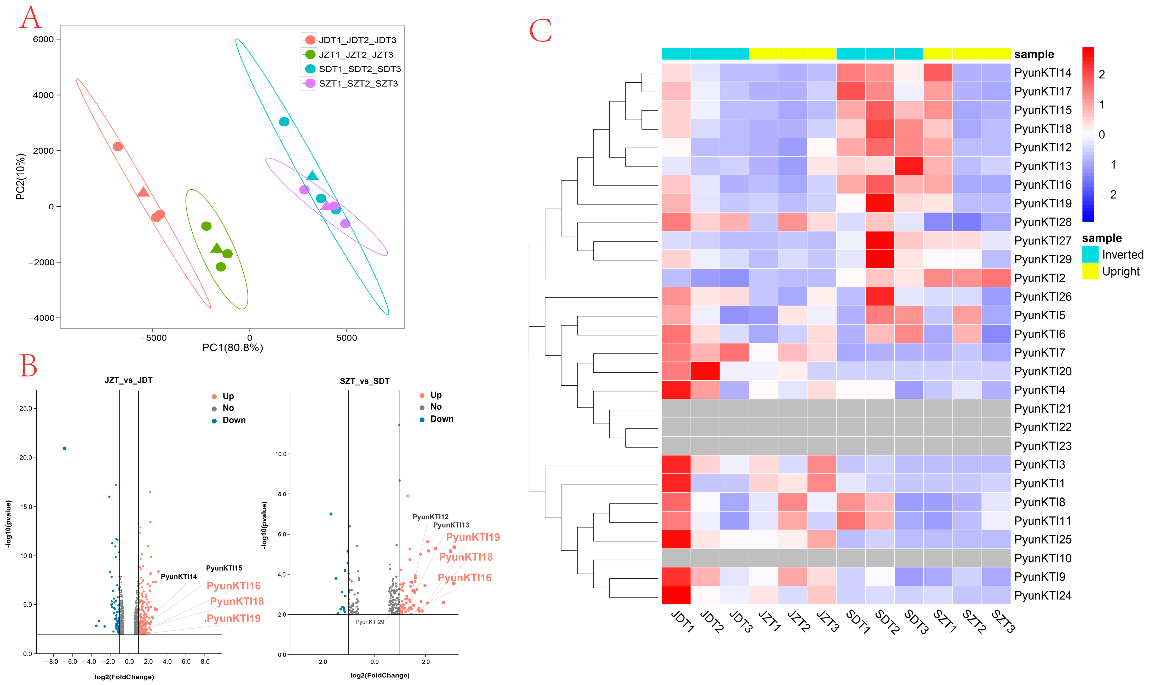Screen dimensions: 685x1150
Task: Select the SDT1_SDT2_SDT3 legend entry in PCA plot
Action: [359, 69]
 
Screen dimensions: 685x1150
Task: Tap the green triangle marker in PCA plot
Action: [216, 248]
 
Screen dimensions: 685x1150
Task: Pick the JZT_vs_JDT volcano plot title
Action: [128, 380]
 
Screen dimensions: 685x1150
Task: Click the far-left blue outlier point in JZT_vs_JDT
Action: [65, 449]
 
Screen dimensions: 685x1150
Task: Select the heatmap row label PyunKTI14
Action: [1042, 73]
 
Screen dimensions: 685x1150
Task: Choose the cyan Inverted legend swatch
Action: [1090, 254]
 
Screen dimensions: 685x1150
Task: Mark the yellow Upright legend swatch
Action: [1090, 271]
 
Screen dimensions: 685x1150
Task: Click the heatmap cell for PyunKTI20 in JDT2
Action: [705, 371]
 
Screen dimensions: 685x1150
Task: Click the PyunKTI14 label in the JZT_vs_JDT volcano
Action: [179, 577]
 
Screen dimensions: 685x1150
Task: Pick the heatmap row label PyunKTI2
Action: [1039, 278]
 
